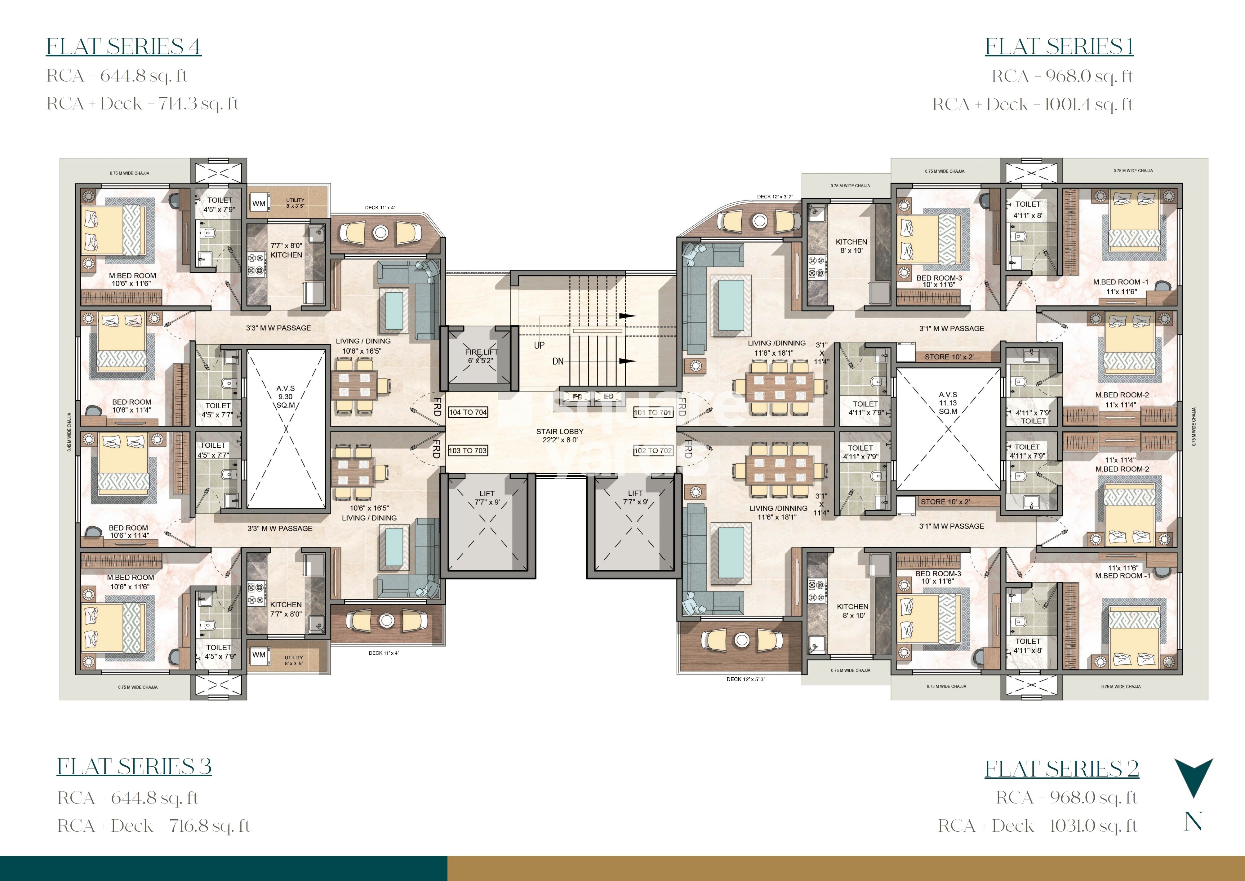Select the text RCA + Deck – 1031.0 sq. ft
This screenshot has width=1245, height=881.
click(x=1037, y=826)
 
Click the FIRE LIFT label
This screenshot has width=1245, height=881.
click(x=481, y=356)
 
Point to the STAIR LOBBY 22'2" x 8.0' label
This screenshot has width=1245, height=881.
click(x=559, y=436)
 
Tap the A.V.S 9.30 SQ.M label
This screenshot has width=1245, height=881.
click(x=286, y=396)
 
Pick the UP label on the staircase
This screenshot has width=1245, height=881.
click(x=539, y=345)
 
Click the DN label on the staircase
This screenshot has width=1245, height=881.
click(x=557, y=361)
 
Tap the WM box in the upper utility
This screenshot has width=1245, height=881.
click(x=259, y=203)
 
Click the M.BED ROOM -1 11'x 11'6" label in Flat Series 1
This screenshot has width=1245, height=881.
click(x=1120, y=286)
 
